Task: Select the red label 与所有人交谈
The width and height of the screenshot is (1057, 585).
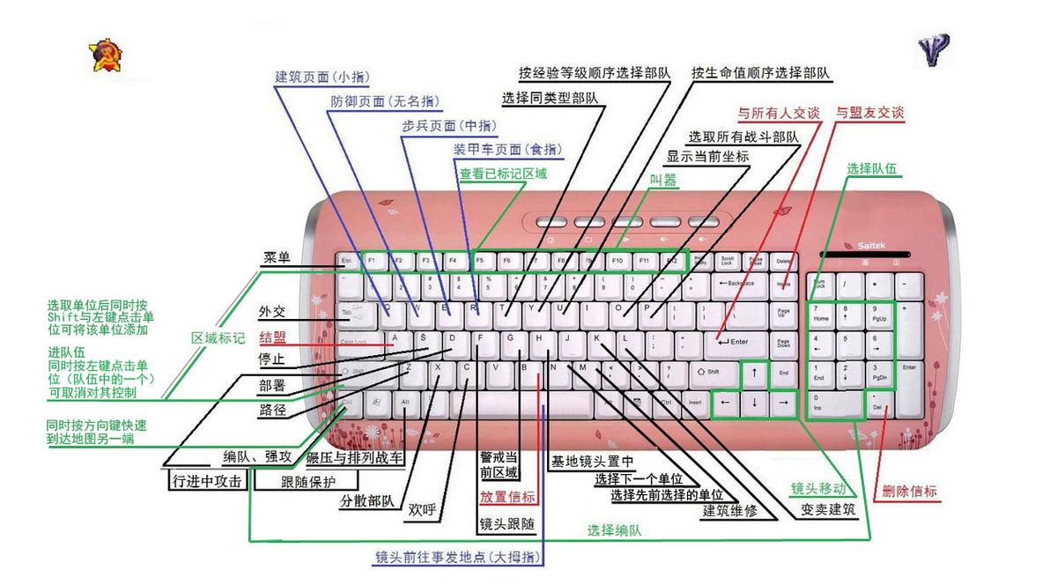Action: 778,113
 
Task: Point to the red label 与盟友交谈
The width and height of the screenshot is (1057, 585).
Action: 869,113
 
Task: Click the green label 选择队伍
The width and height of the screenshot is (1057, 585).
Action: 875,168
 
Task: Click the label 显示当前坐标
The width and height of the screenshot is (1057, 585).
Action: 707,156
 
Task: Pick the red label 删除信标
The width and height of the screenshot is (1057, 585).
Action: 910,492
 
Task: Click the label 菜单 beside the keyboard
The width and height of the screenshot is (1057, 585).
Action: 277,258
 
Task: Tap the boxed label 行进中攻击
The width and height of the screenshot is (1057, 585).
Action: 205,482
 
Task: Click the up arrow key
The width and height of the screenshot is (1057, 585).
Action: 754,373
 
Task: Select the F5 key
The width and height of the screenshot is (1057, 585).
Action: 480,261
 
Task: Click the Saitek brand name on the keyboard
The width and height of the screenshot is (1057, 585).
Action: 871,244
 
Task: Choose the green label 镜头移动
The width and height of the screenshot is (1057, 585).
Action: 817,488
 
